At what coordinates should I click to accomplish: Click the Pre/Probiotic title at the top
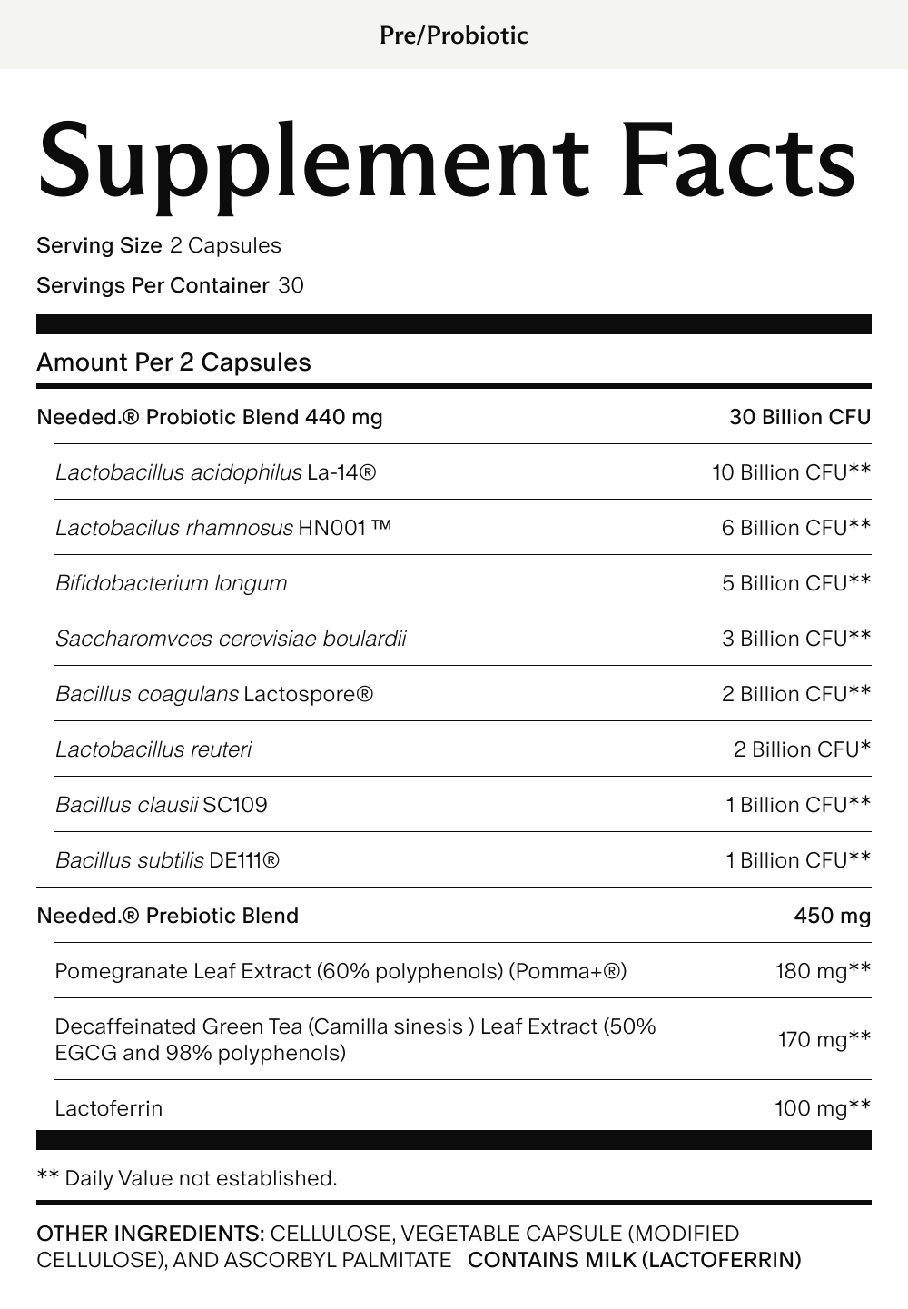coord(453,35)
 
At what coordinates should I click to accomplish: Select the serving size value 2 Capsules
coord(225,246)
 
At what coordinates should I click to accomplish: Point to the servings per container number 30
coord(291,286)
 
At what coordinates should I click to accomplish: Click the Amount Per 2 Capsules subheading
coord(173,362)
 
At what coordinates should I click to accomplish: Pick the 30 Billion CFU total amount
coord(799,417)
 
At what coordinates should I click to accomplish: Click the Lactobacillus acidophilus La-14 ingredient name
coord(215,472)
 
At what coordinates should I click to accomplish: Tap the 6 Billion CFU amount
coord(795,528)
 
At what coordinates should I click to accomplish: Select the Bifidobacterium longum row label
coord(171,583)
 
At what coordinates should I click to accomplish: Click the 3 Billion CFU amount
coord(795,639)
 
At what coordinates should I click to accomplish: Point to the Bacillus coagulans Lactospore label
coord(214,694)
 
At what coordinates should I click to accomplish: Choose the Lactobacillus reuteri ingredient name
coord(153,749)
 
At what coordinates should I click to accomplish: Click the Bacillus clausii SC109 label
coord(162,805)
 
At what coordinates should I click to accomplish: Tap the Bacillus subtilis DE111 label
coord(167,860)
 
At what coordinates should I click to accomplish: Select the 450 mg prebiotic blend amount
coord(832,916)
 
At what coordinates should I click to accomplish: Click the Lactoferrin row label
coord(109,1108)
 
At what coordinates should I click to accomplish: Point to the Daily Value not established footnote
coord(187,1178)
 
